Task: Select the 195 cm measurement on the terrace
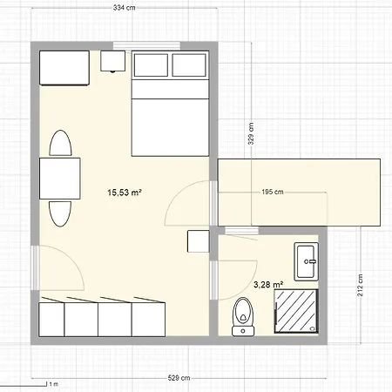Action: (272, 193)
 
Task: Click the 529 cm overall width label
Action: (180, 379)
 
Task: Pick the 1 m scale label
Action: (52, 382)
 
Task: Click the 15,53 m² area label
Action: (125, 193)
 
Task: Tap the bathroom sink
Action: (307, 260)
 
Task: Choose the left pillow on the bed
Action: (151, 66)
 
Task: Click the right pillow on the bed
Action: (189, 66)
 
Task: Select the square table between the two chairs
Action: (60, 179)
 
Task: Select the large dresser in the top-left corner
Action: (64, 68)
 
